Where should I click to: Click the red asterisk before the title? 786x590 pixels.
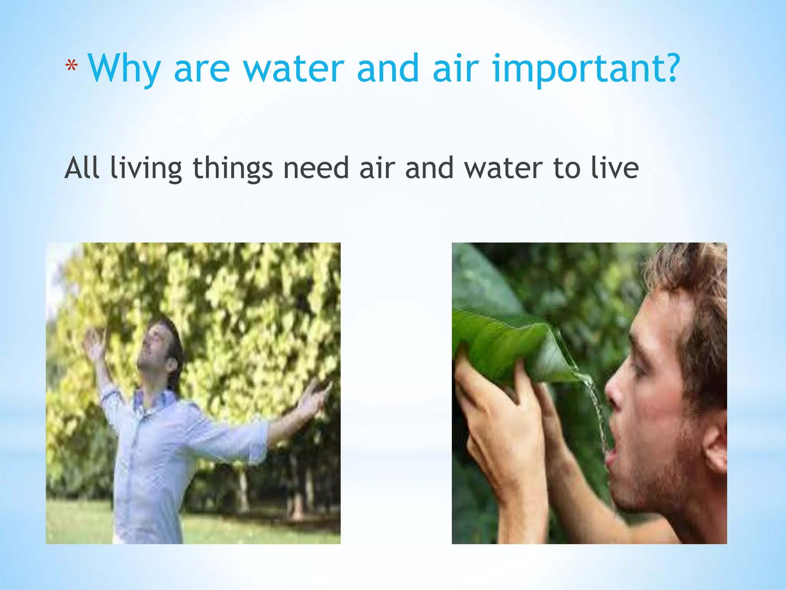71,67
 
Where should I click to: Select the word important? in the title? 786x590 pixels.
586,69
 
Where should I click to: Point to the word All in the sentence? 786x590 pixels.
82,168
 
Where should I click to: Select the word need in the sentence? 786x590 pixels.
315,168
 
